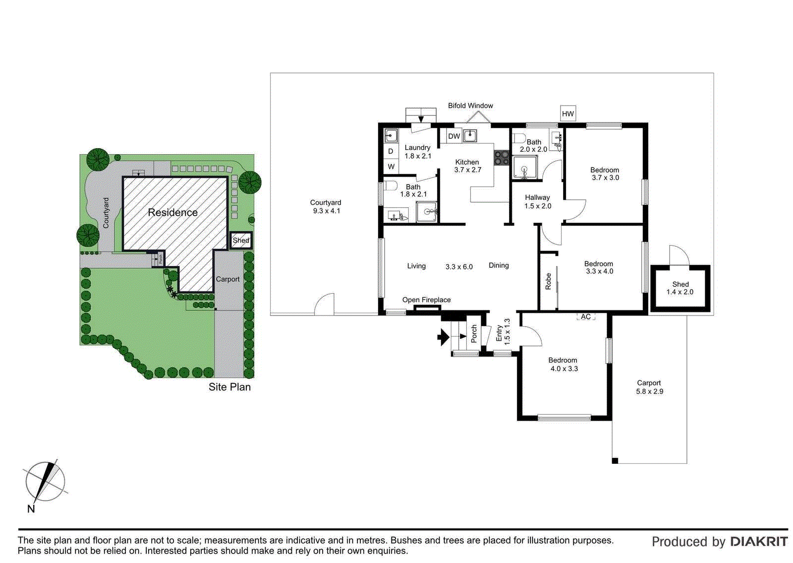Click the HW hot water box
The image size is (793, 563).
pos(567,113)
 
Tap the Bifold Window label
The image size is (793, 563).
pos(470,106)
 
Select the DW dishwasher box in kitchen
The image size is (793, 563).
pos(454,136)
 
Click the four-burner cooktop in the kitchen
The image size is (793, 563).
pos(502,158)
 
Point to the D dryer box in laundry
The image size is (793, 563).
pos(391,151)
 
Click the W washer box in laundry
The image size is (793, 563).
pos(391,167)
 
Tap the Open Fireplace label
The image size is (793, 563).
pos(426,300)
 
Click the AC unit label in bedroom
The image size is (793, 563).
pos(585,317)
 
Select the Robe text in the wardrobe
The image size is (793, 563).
pos(548,281)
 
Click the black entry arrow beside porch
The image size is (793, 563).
pos(443,338)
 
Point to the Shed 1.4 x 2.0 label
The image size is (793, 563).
pos(680,288)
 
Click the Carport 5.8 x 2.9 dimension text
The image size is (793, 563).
pos(649,391)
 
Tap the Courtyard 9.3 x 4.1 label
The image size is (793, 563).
pos(326,207)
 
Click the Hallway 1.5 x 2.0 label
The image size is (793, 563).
pos(537,201)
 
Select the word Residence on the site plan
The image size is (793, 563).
pos(172,213)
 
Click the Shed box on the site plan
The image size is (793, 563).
pos(241,240)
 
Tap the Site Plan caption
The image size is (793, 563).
pos(229,387)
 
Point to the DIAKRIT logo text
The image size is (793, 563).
pos(758,542)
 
